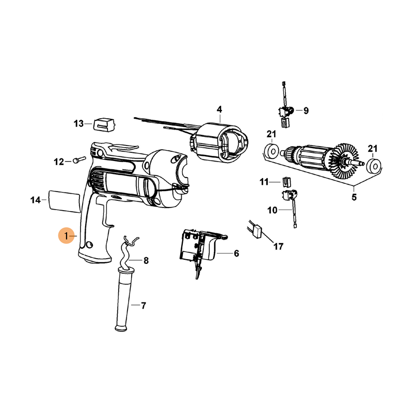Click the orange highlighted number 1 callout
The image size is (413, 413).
pyautogui.click(x=66, y=235)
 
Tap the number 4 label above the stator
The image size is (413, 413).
pyautogui.click(x=219, y=109)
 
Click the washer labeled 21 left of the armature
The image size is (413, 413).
pyautogui.click(x=272, y=151)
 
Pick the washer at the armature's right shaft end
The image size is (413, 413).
pyautogui.click(x=374, y=166)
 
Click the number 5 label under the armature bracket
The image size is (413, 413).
pyautogui.click(x=354, y=197)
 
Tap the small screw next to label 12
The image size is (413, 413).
pyautogui.click(x=80, y=160)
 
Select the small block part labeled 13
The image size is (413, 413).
pyautogui.click(x=105, y=124)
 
